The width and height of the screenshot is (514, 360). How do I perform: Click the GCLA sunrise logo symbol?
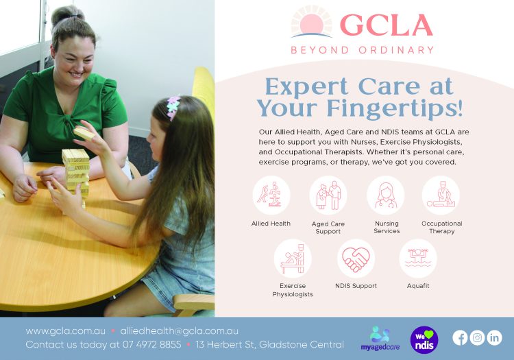pos(311,23)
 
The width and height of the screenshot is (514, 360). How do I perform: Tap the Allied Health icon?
pos(271,195)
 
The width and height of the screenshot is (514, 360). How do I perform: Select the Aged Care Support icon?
pos(328,195)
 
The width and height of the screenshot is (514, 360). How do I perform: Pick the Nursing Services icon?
pos(386,195)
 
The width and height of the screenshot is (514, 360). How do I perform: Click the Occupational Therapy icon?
pos(441,195)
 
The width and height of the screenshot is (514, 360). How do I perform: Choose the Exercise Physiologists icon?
pos(293,258)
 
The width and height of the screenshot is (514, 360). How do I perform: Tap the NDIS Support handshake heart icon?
pos(356,258)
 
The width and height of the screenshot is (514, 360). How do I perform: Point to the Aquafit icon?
pos(417,258)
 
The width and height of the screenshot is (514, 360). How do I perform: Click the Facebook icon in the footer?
pos(460,337)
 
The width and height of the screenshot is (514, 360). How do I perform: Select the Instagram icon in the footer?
pos(477,337)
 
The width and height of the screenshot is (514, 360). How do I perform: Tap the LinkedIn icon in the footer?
pos(494,337)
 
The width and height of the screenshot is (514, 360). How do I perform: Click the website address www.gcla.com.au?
pos(65,331)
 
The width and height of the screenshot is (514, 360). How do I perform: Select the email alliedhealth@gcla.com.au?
pos(179,331)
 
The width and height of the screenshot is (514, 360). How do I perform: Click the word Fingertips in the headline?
pos(391,108)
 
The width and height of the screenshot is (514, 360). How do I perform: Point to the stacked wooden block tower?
pos(75,171)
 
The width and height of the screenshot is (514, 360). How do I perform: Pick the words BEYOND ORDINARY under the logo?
pos(362,50)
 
